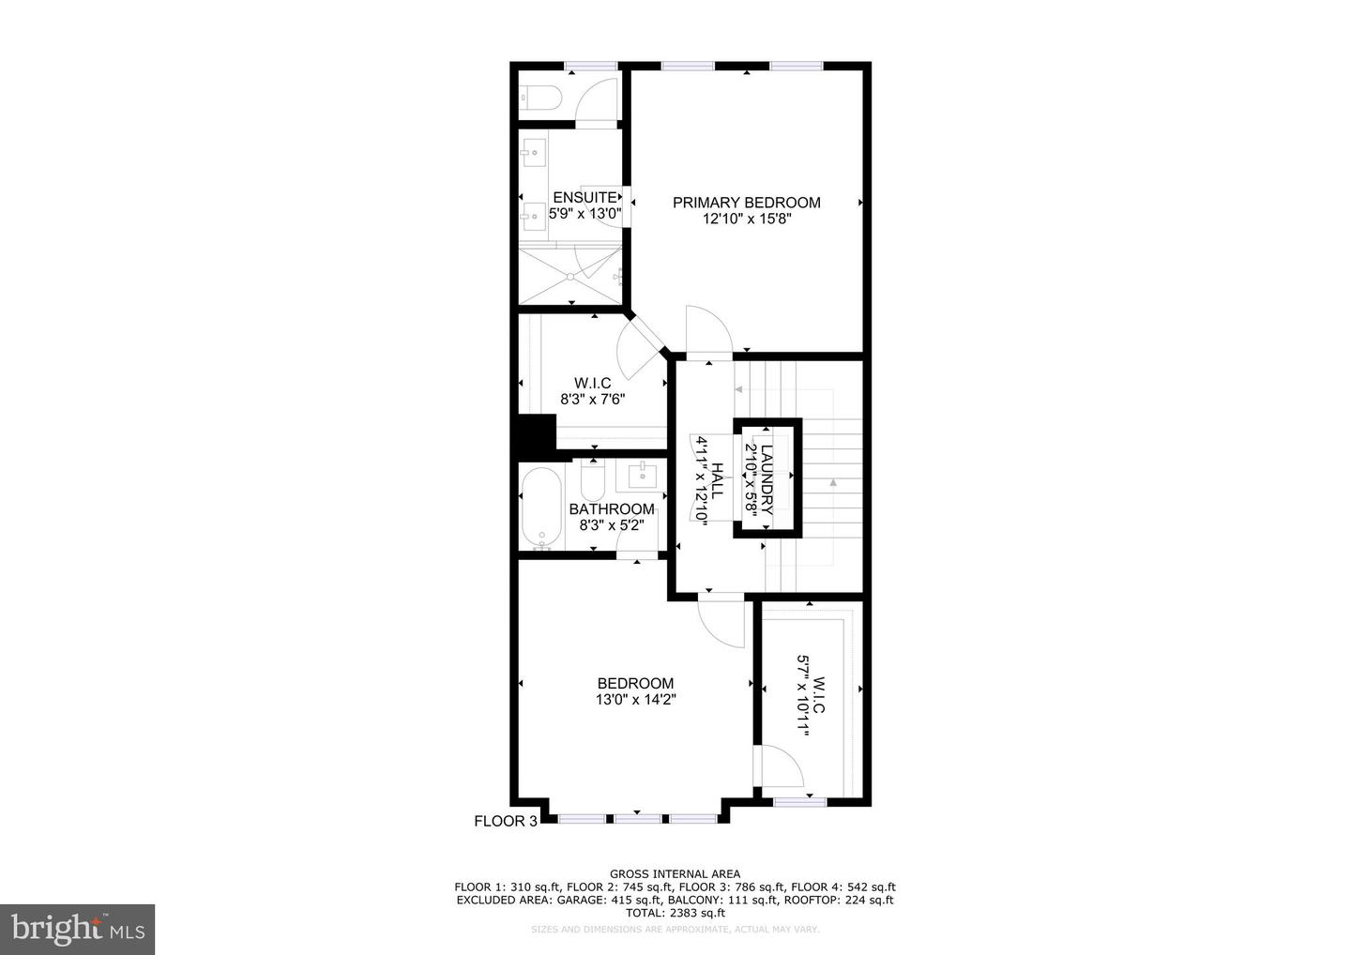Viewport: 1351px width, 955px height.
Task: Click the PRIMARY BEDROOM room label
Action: point(746,203)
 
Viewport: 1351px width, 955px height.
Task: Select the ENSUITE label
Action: point(584,197)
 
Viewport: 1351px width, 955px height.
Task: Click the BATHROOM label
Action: point(612,509)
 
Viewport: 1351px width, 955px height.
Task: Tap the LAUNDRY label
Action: point(767,478)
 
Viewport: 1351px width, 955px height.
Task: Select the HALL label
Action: point(718,478)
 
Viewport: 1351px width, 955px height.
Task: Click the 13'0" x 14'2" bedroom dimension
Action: point(635,699)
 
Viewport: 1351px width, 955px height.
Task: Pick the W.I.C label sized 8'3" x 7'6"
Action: point(592,383)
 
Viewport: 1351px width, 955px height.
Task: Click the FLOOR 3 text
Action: point(506,821)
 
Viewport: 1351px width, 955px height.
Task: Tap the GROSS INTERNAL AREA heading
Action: point(675,873)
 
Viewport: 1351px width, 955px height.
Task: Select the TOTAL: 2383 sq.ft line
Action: point(675,912)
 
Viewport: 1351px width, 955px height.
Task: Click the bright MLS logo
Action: point(77,929)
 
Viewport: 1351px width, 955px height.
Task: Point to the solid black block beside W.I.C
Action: point(538,434)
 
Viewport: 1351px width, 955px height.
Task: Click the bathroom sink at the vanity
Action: point(643,476)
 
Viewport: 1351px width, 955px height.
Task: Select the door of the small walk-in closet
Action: point(782,765)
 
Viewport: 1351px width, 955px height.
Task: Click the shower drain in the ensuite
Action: point(570,276)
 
